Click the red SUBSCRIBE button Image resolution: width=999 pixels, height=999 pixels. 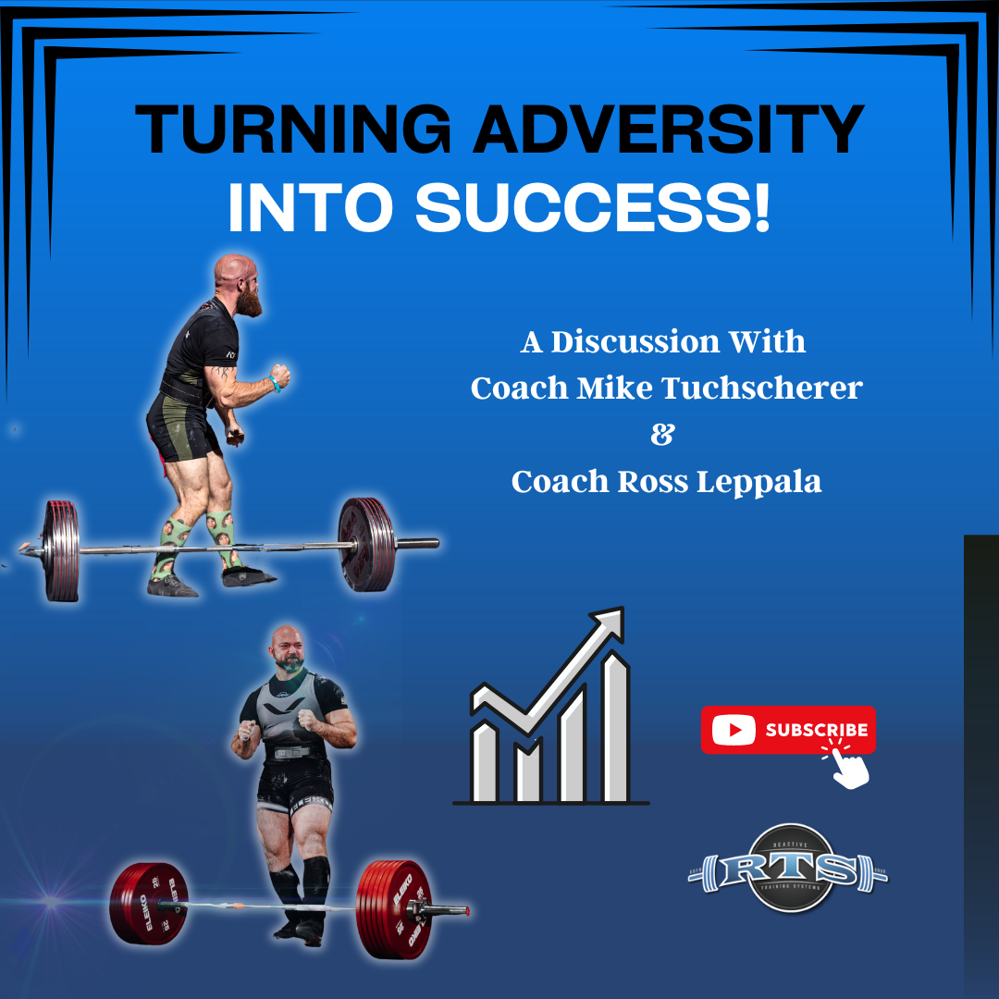[788, 730]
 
